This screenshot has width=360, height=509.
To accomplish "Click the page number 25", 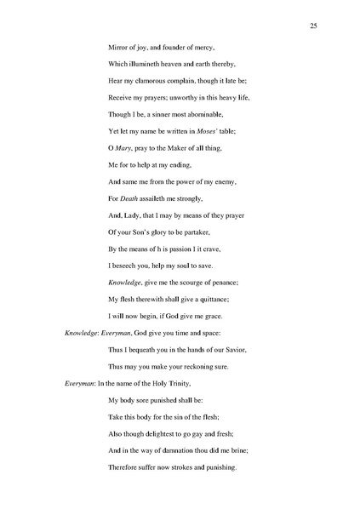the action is coord(313,27).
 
